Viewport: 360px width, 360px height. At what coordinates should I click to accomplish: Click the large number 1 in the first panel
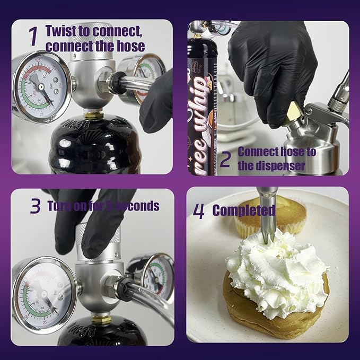33,37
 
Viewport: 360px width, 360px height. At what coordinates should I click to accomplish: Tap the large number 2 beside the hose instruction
225,159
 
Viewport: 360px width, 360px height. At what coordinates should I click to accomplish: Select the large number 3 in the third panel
35,206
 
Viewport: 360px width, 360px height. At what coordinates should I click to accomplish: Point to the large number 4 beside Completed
198,211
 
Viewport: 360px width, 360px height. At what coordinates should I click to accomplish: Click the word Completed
244,210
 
